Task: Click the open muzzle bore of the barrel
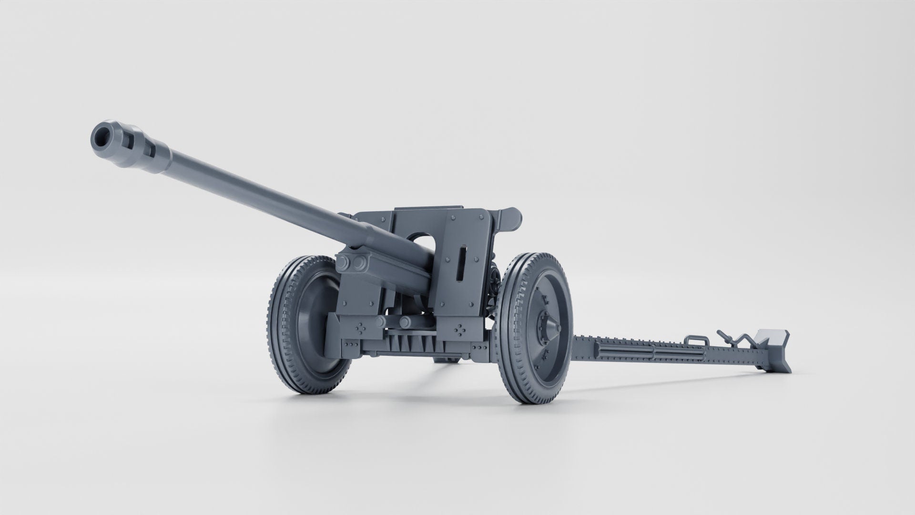tap(102, 137)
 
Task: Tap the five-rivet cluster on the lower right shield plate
tap(460, 329)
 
